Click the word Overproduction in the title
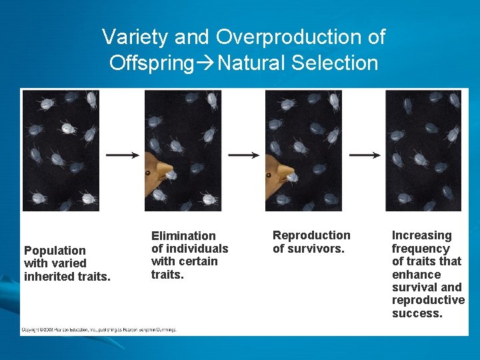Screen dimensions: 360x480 pos(301,37)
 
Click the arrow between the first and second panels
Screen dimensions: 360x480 pos(122,155)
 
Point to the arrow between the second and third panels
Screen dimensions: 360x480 pos(243,155)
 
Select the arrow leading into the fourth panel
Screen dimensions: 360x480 pos(364,155)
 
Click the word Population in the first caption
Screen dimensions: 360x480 pos(55,251)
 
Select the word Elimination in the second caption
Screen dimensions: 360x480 pos(183,236)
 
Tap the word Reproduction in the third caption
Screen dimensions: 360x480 pos(311,235)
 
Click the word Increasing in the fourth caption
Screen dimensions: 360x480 pos(421,235)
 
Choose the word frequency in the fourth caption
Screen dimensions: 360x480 pos(421,249)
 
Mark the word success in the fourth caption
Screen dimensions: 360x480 pos(417,313)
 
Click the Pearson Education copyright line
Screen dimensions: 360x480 pos(99,329)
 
